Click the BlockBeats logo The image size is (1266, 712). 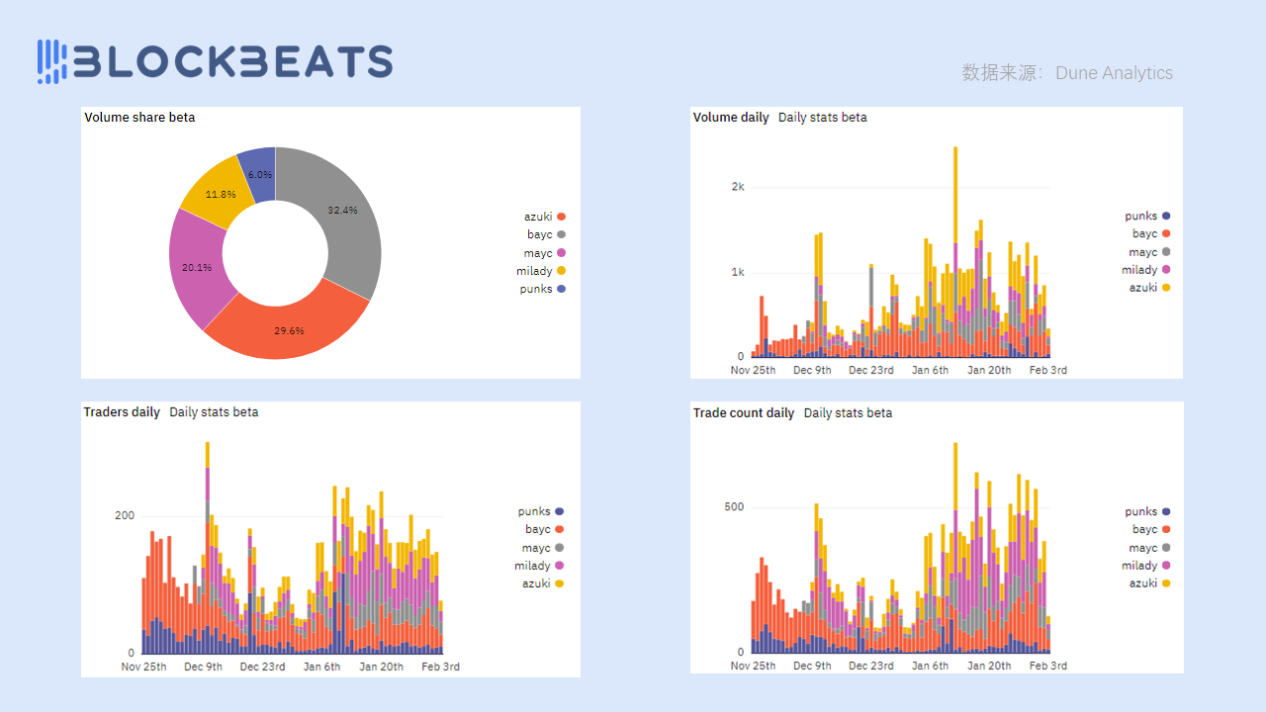pyautogui.click(x=215, y=60)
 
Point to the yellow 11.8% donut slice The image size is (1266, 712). pyautogui.click(x=218, y=197)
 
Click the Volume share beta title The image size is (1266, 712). pyautogui.click(x=139, y=118)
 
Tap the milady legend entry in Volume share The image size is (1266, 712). pyautogui.click(x=540, y=271)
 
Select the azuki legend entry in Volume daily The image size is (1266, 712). pyautogui.click(x=1149, y=288)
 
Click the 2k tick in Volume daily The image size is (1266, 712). pyautogui.click(x=737, y=187)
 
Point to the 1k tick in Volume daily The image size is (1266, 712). pyautogui.click(x=737, y=272)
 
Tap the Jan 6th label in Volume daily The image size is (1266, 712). pyautogui.click(x=930, y=371)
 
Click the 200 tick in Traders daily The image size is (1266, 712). pyautogui.click(x=125, y=516)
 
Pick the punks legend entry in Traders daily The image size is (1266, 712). pyautogui.click(x=540, y=511)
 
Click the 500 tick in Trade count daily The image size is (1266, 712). pyautogui.click(x=734, y=507)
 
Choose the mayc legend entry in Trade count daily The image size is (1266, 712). pyautogui.click(x=1149, y=548)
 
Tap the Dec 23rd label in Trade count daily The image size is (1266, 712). pyautogui.click(x=871, y=667)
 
